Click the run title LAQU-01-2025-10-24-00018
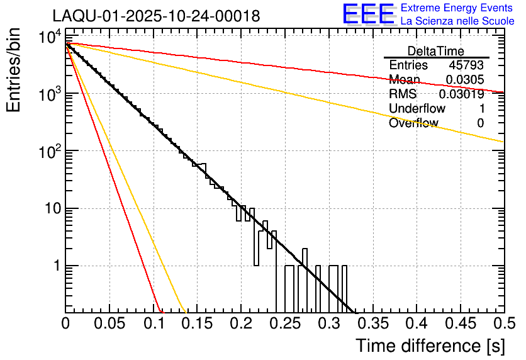156,16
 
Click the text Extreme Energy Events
457,8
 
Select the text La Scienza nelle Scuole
457,21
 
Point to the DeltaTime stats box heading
436,51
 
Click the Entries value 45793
466,65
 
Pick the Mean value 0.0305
465,79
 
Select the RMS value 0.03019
462,94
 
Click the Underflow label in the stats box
417,108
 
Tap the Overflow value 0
480,123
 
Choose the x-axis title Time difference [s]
429,346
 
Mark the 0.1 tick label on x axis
153,325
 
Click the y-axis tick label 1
56,266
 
